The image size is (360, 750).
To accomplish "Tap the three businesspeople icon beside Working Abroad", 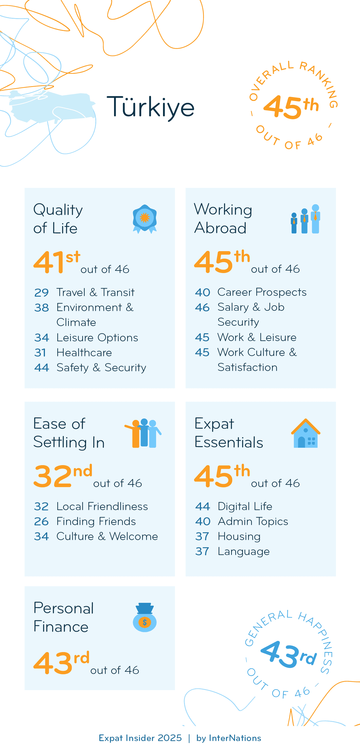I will point(306,219).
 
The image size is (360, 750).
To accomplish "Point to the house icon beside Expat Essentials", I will point(306,433).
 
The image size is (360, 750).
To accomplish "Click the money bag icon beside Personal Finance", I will point(145,617).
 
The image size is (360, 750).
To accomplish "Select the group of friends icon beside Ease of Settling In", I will point(143,433).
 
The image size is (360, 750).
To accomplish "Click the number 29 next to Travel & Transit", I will point(41,293).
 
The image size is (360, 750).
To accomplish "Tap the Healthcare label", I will point(84,353).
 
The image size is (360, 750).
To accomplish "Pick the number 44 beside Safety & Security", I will point(41,368).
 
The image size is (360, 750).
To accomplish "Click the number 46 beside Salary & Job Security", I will point(202,307).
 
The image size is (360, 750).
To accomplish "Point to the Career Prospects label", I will point(262,292).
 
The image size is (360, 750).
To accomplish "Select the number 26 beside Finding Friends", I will point(41,521).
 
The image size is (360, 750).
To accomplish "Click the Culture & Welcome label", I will point(107,536).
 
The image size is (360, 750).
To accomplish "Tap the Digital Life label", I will point(245,506).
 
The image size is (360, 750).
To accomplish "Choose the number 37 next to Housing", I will point(202,536).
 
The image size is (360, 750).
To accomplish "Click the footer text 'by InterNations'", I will point(229,738).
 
